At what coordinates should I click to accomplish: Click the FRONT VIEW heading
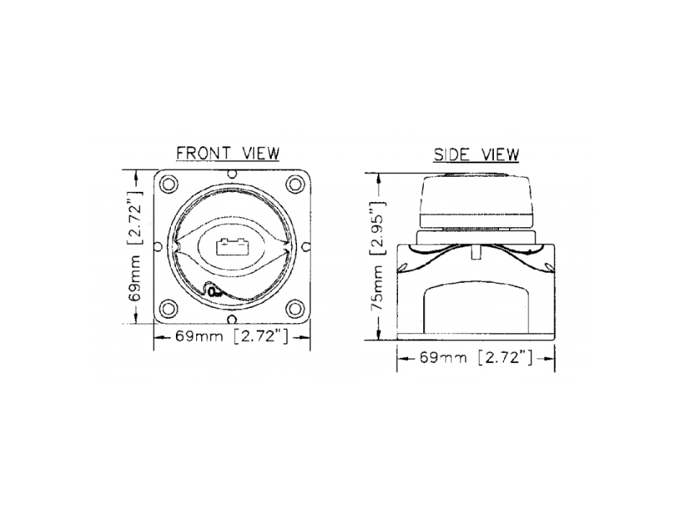coord(228,154)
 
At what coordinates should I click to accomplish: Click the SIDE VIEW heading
coord(476,155)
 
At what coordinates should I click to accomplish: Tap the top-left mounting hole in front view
coord(169,184)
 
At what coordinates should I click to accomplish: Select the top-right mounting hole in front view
coord(295,184)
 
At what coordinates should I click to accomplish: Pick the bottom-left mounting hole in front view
coord(169,308)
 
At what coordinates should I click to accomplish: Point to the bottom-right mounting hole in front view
coord(295,308)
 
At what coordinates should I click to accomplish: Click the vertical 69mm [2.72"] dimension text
coord(136,246)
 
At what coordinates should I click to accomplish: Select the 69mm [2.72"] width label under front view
coord(232,337)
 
